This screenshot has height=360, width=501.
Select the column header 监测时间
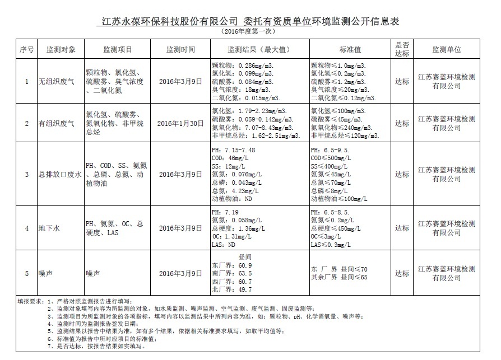(x=180, y=49)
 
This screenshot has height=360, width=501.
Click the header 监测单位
(x=447, y=49)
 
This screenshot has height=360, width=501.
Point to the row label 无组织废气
(x=56, y=81)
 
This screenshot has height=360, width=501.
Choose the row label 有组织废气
(x=56, y=123)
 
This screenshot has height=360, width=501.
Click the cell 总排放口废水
(x=61, y=175)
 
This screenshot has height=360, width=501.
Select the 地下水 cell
(x=49, y=228)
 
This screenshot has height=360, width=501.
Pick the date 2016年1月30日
(x=180, y=123)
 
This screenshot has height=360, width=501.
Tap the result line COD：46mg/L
(x=230, y=158)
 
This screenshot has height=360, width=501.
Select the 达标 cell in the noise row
(x=402, y=273)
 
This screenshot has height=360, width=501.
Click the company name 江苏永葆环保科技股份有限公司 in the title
(x=166, y=21)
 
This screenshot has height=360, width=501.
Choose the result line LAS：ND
(x=223, y=245)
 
